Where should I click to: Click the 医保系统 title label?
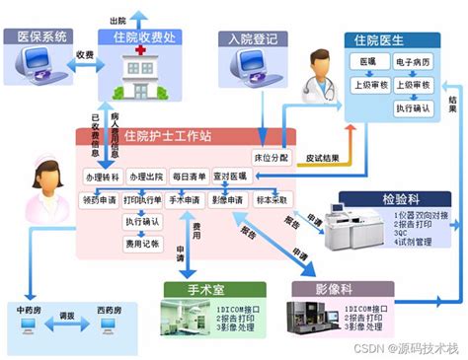pyautogui.click(x=41, y=36)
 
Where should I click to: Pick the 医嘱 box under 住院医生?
pyautogui.click(x=367, y=62)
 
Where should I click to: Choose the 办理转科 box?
pyautogui.click(x=102, y=177)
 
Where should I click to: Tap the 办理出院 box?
pyautogui.click(x=145, y=177)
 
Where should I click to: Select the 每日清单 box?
pyautogui.click(x=189, y=177)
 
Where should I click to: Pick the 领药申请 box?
pyautogui.click(x=102, y=199)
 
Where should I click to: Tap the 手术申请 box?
pyautogui.click(x=188, y=199)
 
